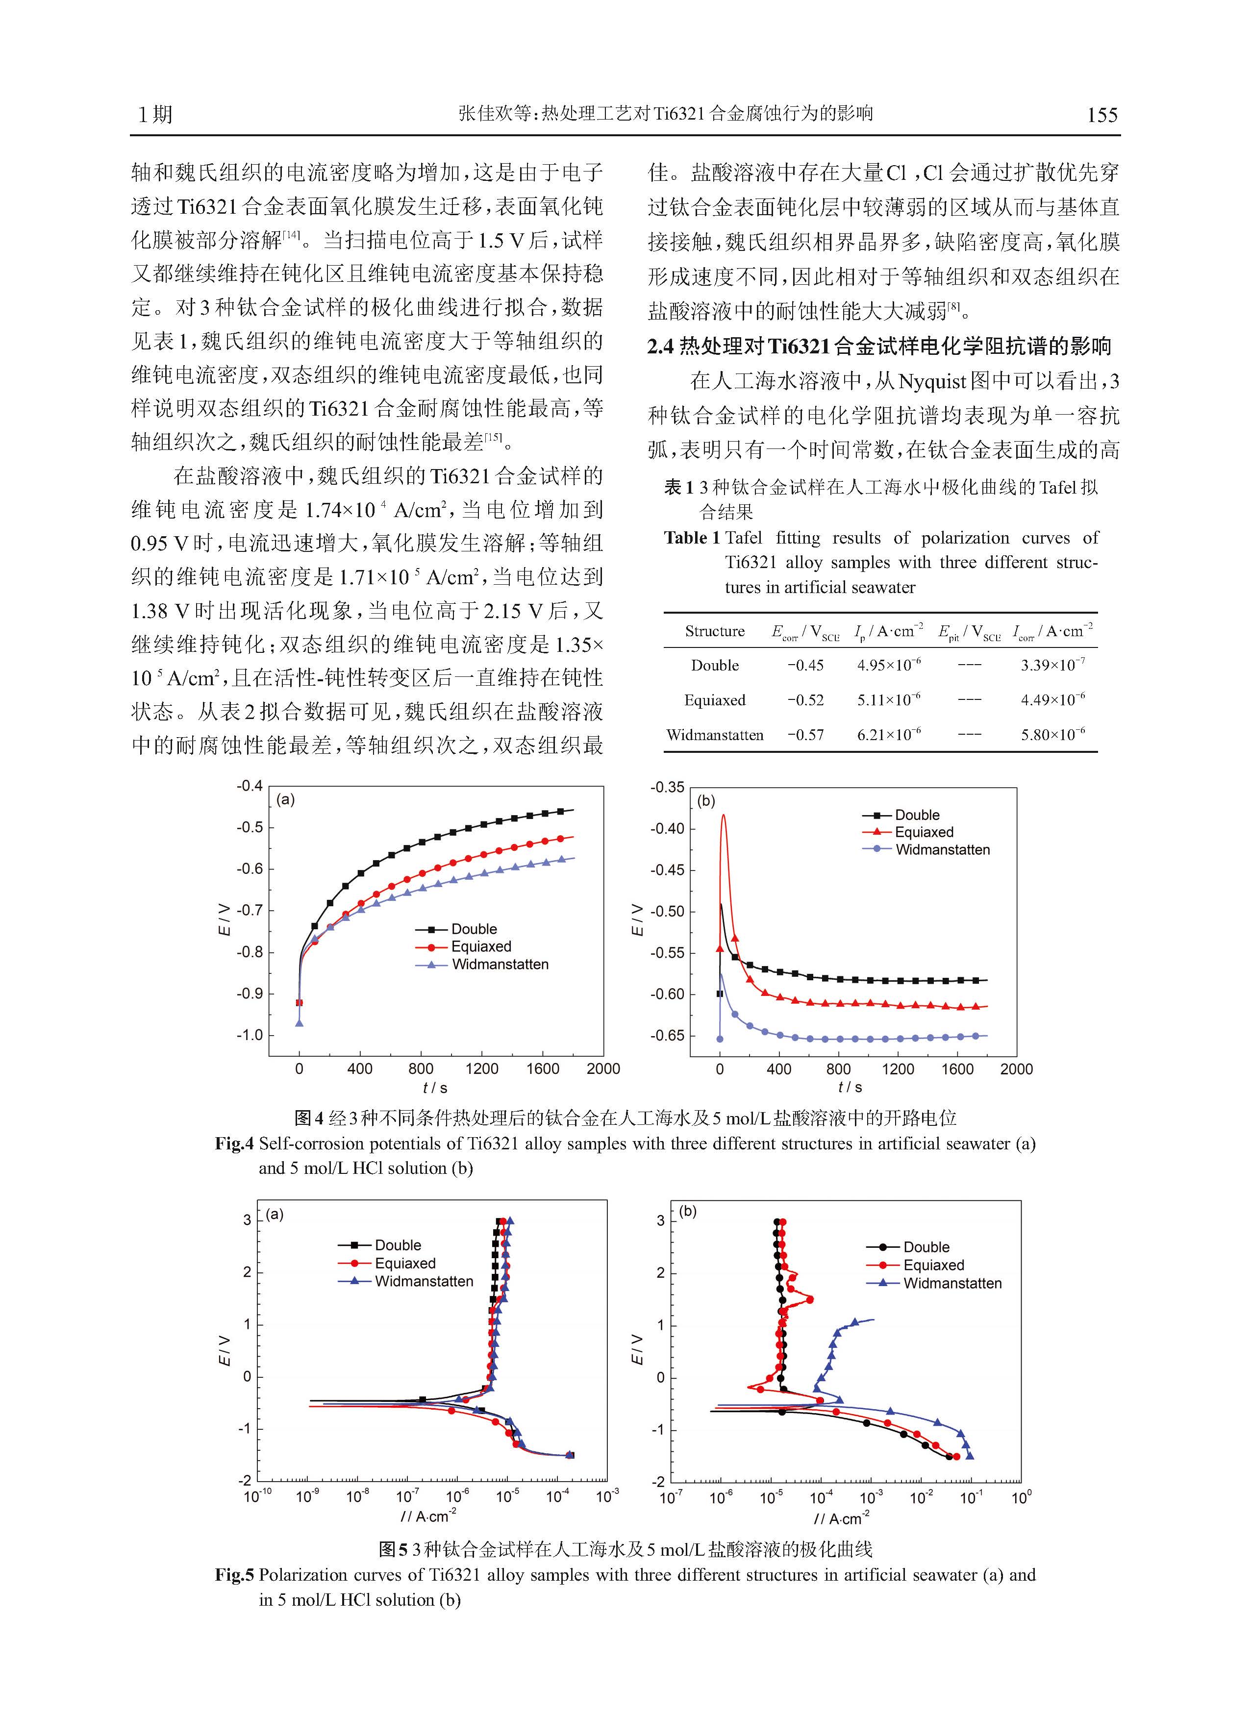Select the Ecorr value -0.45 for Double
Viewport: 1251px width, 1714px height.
(805, 666)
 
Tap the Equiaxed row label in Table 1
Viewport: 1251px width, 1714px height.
(715, 700)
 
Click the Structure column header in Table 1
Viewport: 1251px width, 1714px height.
(715, 631)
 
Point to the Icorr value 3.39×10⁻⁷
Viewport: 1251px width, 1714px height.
(1052, 666)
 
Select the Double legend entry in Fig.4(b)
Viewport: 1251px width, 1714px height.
(901, 816)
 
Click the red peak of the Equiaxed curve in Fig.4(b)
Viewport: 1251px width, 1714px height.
(723, 816)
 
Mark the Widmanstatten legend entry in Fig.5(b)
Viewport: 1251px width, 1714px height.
(934, 1283)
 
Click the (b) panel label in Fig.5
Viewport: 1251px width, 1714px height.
(688, 1211)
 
